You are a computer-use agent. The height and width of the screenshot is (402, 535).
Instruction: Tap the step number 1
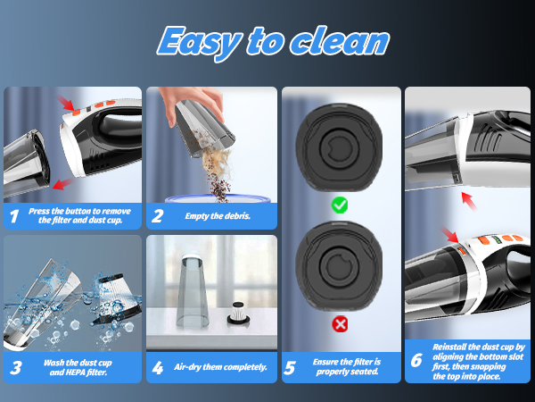tap(14, 215)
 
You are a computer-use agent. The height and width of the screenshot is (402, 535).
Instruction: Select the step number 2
tap(157, 215)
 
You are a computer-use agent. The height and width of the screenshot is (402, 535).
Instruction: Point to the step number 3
tap(14, 366)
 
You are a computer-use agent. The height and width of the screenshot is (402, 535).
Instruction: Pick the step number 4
tap(157, 366)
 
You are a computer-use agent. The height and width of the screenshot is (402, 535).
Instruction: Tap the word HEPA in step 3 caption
tap(71, 372)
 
